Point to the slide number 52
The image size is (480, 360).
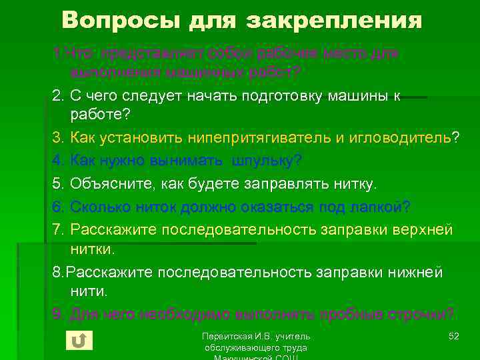coord(453,335)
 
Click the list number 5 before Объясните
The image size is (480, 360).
coord(57,184)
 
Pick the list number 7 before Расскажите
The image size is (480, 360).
coord(57,229)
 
